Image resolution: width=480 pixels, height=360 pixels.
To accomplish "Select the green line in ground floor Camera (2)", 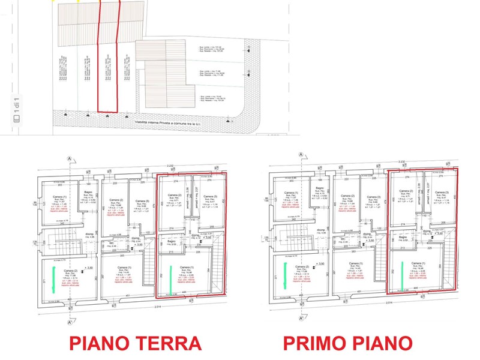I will tap(54, 280).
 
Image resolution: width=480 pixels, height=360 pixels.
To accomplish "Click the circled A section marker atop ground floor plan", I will tap(70, 159).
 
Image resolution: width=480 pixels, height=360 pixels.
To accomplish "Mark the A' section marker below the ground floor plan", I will tap(70, 319).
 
